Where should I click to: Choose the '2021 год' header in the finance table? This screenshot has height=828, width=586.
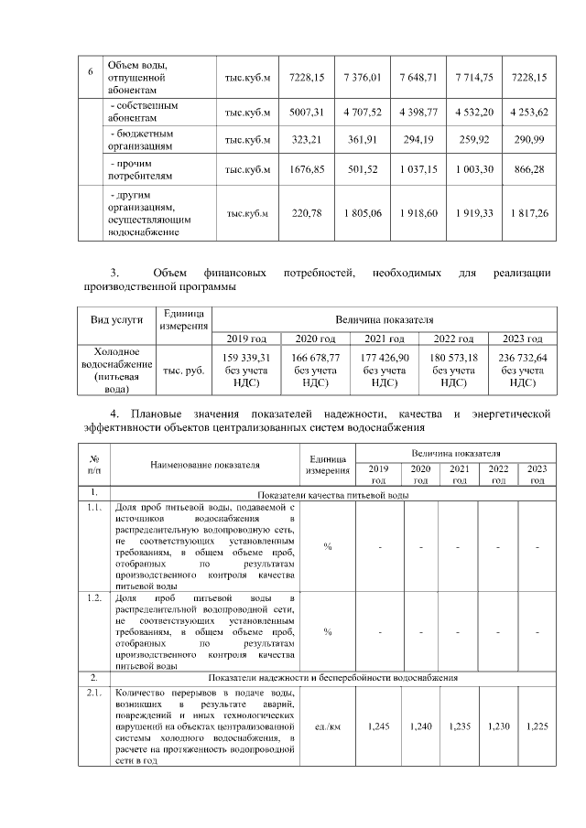pos(385,338)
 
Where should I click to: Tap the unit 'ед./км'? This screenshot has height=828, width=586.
pos(327,726)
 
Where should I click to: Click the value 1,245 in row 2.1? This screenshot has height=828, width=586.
pos(378,726)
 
